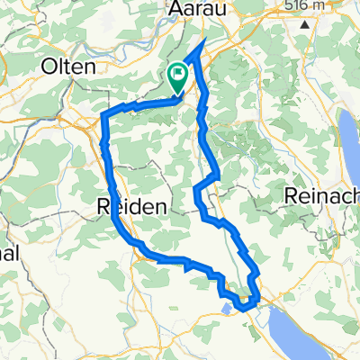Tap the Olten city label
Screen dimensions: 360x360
click(x=68, y=67)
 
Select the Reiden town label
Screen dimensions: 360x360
click(x=130, y=206)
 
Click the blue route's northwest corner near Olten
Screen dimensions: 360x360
click(x=106, y=115)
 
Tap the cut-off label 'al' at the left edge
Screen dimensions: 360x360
click(x=9, y=253)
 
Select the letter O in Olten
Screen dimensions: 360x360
click(x=46, y=67)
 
